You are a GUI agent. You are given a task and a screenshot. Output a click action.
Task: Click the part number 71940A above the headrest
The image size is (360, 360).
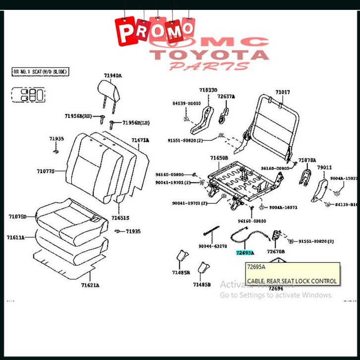pyautogui.click(x=113, y=76)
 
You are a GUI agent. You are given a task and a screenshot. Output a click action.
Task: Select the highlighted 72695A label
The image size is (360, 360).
pyautogui.click(x=244, y=252)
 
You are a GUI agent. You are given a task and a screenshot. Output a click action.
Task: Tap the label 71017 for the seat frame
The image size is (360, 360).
pyautogui.click(x=283, y=92)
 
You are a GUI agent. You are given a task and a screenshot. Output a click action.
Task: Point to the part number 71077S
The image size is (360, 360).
pyautogui.click(x=46, y=172)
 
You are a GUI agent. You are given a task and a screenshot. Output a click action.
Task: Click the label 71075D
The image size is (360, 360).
pyautogui.click(x=17, y=216)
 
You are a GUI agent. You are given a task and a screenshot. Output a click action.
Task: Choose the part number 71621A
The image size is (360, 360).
pyautogui.click(x=90, y=285)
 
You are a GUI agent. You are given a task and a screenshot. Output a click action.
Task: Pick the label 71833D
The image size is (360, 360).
pyautogui.click(x=208, y=90)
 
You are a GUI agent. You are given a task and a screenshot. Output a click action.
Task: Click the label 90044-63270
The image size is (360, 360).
pyautogui.click(x=213, y=246)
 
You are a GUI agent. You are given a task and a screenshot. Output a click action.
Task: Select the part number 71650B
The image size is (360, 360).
pyautogui.click(x=219, y=158)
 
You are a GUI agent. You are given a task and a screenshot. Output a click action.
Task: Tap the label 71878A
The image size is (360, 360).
pyautogui.click(x=307, y=160)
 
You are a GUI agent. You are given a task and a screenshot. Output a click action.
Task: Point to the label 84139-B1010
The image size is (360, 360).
pyautogui.click(x=187, y=103)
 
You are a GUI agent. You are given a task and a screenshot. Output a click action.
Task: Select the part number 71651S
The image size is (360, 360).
pyautogui.click(x=120, y=218)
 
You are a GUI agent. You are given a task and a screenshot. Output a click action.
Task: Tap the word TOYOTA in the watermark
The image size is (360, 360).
pyautogui.click(x=210, y=55)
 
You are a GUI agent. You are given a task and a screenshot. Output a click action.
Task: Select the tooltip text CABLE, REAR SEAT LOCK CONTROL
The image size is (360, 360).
pyautogui.click(x=292, y=281)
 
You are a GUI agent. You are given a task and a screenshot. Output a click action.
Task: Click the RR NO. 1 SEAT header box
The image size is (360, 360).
pyautogui.click(x=40, y=72)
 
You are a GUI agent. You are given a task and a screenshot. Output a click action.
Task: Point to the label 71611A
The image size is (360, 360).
pyautogui.click(x=16, y=238)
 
